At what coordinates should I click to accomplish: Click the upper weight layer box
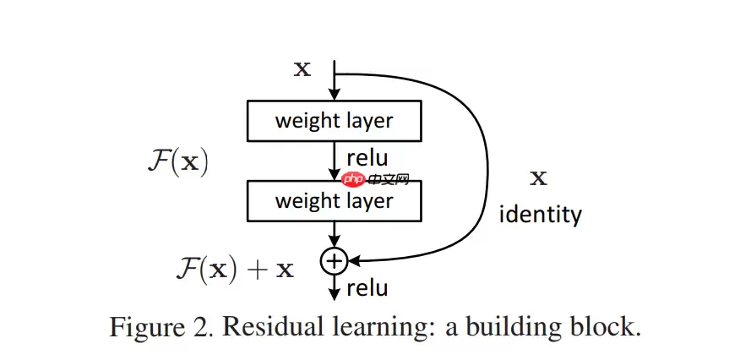coord(334,121)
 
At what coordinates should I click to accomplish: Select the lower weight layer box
coord(334,200)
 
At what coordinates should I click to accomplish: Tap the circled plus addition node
coord(335,260)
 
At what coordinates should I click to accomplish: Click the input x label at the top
coord(302,69)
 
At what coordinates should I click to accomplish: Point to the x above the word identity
coord(537,177)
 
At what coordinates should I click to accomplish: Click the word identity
coord(541,214)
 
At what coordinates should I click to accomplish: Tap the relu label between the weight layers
coord(367,156)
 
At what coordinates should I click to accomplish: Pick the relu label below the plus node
coord(367,288)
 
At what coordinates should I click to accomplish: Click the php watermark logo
coord(353,179)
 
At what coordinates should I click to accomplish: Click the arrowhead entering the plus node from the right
coord(355,260)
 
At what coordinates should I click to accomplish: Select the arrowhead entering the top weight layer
coord(335,96)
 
